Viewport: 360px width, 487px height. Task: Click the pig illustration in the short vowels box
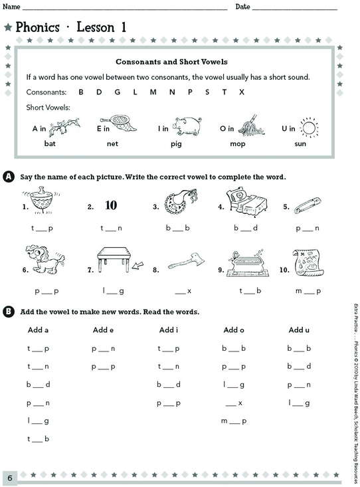pyautogui.click(x=187, y=126)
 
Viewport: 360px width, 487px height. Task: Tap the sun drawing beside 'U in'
pyautogui.click(x=310, y=128)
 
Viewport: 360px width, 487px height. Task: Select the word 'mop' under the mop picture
pyautogui.click(x=238, y=144)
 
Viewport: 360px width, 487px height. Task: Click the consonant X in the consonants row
pyautogui.click(x=242, y=92)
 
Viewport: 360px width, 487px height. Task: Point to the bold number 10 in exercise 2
pyautogui.click(x=111, y=205)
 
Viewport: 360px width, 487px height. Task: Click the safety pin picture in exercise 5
pyautogui.click(x=308, y=205)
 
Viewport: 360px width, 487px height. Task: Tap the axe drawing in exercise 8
pyautogui.click(x=187, y=262)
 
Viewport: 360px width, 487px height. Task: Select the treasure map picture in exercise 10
pyautogui.click(x=306, y=262)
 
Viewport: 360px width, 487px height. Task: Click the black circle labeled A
pyautogui.click(x=9, y=177)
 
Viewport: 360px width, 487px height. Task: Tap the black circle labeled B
pyautogui.click(x=9, y=312)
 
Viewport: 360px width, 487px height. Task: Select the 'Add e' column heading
pyautogui.click(x=103, y=330)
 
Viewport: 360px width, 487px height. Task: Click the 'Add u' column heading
pyautogui.click(x=299, y=330)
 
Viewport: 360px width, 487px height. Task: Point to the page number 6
pyautogui.click(x=9, y=478)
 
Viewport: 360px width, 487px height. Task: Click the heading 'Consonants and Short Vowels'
pyautogui.click(x=171, y=62)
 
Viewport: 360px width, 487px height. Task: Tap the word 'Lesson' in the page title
pyautogui.click(x=96, y=27)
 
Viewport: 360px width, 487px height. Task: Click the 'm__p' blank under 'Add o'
pyautogui.click(x=234, y=421)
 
